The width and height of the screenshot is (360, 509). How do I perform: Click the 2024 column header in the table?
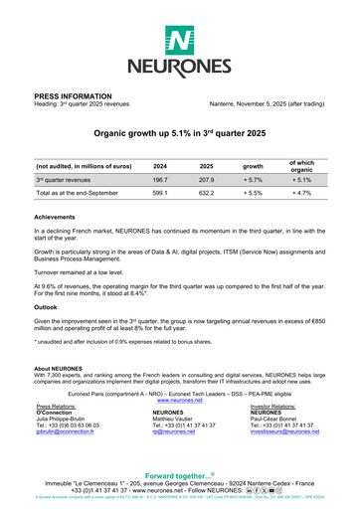160,166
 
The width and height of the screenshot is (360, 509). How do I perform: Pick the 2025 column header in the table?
207,166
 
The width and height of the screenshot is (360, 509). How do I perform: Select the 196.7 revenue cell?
160,180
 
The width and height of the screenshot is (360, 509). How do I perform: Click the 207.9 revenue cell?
207,180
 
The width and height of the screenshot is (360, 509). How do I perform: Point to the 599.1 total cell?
160,194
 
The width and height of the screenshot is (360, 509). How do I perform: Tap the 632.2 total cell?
207,194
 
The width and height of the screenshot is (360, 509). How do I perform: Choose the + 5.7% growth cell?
253,180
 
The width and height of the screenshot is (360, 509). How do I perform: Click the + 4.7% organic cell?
301,194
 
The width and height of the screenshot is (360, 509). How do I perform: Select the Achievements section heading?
55,216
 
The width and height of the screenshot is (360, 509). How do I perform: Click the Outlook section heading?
48,307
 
